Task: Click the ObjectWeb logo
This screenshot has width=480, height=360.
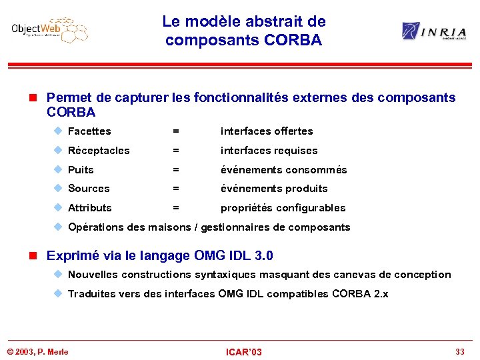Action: pyautogui.click(x=49, y=30)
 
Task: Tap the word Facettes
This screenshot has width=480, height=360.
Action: pyautogui.click(x=89, y=131)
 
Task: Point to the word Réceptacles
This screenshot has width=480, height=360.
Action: pyautogui.click(x=99, y=151)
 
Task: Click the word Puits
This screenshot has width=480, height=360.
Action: pyautogui.click(x=81, y=170)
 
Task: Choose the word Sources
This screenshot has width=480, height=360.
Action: pyautogui.click(x=89, y=189)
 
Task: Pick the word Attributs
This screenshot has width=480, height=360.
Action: pyautogui.click(x=90, y=208)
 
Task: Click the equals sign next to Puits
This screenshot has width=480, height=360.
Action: pyautogui.click(x=176, y=170)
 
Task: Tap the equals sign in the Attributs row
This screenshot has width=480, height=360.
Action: pyautogui.click(x=176, y=208)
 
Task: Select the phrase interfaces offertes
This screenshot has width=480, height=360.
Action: pyautogui.click(x=267, y=131)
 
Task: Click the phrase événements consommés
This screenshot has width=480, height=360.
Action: pyautogui.click(x=284, y=170)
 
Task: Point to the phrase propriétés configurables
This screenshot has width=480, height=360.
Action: pyautogui.click(x=283, y=208)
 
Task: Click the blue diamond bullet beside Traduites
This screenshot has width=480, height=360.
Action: pyautogui.click(x=58, y=293)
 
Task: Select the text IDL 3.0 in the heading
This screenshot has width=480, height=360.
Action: pyautogui.click(x=249, y=256)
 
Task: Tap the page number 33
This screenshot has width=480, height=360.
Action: pyautogui.click(x=459, y=351)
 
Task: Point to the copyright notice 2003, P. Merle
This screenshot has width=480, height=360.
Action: pyautogui.click(x=37, y=351)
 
